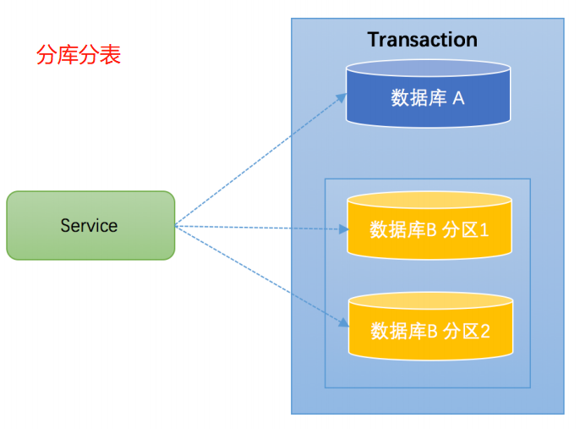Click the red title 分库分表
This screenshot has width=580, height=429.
(x=79, y=55)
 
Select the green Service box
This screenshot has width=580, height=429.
(x=90, y=225)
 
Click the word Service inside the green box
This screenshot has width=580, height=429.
(x=89, y=226)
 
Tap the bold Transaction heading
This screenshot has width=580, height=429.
(x=422, y=40)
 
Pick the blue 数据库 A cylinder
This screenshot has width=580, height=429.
(x=429, y=94)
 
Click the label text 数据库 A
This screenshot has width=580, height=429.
(x=428, y=98)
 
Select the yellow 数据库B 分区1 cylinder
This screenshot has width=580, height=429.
(x=430, y=225)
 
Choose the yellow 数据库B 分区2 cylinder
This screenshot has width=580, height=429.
(x=430, y=326)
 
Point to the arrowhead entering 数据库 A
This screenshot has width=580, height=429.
(x=342, y=96)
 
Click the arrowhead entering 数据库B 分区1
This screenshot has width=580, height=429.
(x=342, y=229)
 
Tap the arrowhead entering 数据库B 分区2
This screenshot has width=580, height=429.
(x=342, y=323)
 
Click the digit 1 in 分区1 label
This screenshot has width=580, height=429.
(x=484, y=230)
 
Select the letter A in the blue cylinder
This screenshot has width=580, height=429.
(x=458, y=98)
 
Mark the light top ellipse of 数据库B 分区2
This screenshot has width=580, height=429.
(x=430, y=301)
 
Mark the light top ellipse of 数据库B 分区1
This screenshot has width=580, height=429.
(x=430, y=201)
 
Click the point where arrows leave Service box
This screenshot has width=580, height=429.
(x=176, y=225)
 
